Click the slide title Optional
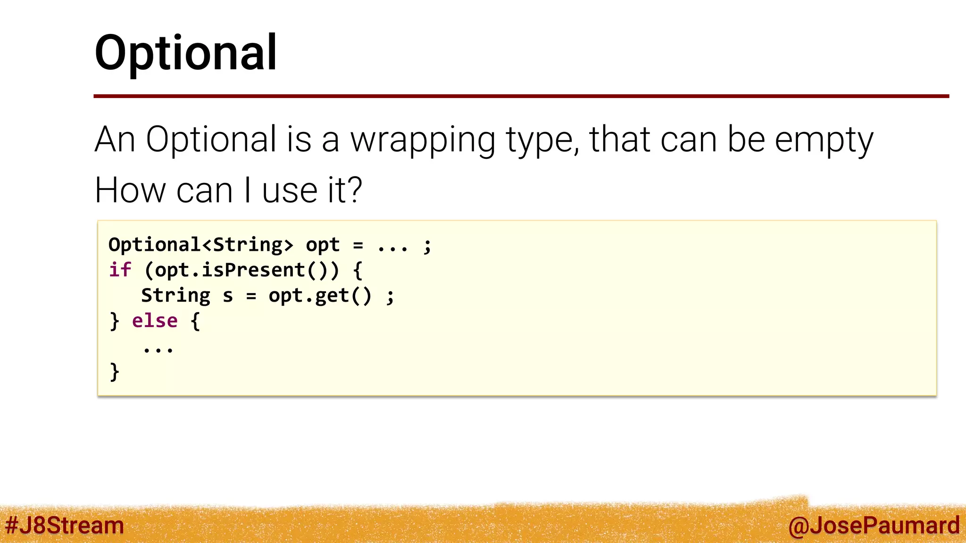coord(186,53)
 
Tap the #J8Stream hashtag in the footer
coord(65,525)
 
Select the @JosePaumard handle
coord(874,525)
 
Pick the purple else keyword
coord(155,321)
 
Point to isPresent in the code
coord(253,270)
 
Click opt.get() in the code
coord(320,296)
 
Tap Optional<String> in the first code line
coord(200,245)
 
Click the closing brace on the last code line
coord(114,372)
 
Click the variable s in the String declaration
coord(228,296)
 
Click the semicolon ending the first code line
coord(427,246)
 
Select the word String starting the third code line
coord(175,296)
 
